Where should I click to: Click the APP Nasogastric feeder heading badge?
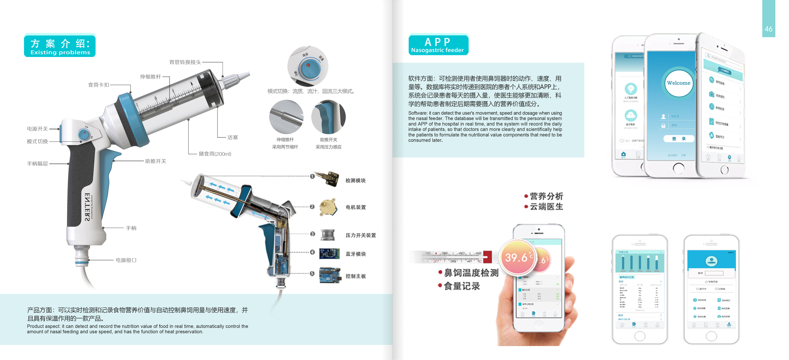pos(438,45)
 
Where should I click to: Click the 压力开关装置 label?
pos(360,235)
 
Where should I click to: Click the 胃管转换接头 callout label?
pos(185,62)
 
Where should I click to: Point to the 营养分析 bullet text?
pos(546,196)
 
